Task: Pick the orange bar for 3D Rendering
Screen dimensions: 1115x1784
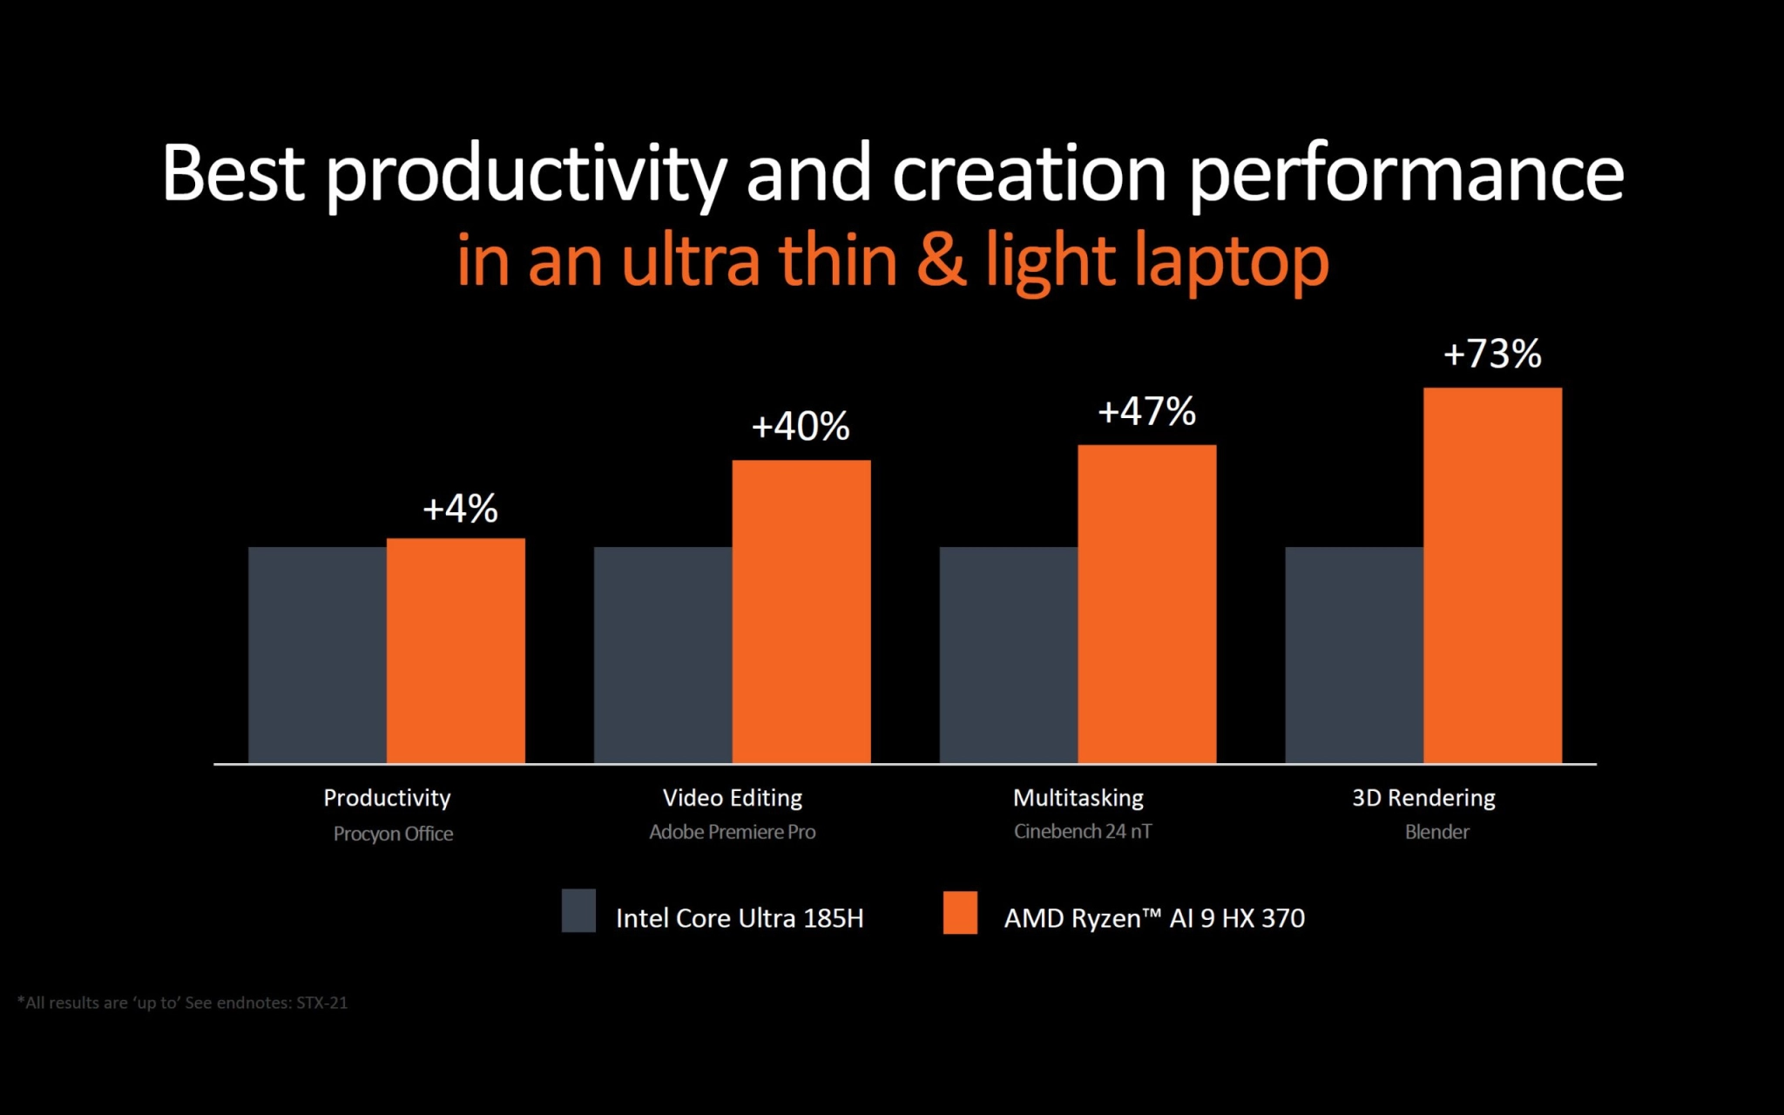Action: tap(1492, 576)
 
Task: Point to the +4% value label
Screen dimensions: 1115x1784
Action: tap(460, 509)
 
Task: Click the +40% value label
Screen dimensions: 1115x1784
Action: tap(801, 427)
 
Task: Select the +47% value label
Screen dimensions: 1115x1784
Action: tap(1146, 412)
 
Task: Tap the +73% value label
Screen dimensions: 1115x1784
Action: tap(1492, 355)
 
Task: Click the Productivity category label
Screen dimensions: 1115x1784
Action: tap(387, 798)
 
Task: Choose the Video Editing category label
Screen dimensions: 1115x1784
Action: tap(732, 798)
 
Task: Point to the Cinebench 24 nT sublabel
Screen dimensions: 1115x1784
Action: tap(1082, 832)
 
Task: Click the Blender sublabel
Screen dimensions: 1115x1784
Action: tap(1436, 832)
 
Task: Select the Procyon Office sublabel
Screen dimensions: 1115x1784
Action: tap(393, 834)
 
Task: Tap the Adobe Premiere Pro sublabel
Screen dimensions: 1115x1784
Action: tap(732, 832)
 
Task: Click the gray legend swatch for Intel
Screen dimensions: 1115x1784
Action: tap(578, 910)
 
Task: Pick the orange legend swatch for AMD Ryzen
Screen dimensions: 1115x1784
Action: tap(960, 912)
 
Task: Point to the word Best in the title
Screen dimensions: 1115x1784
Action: tap(233, 173)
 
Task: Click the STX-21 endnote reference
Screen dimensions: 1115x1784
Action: tap(321, 1003)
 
